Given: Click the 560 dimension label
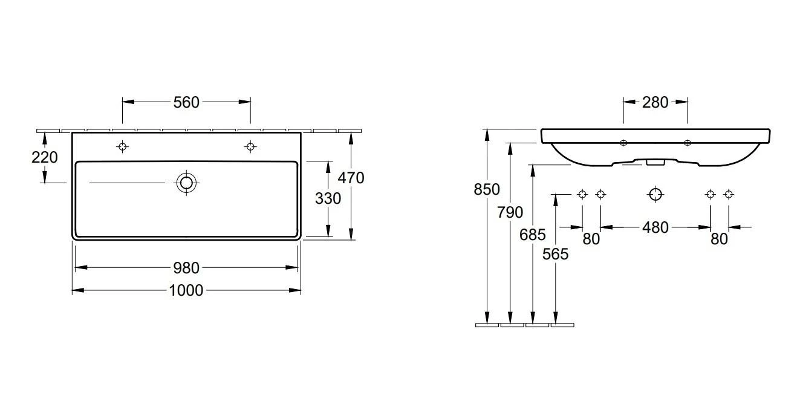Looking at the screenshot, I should [186, 102].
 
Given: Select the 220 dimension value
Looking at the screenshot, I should [45, 157].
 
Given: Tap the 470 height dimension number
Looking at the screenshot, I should [351, 178].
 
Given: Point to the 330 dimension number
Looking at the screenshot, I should [328, 198].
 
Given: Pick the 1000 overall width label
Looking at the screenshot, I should [186, 291].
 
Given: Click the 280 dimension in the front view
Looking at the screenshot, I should [655, 102].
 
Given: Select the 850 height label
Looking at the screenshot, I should [487, 189].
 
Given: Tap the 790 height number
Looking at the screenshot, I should [510, 212].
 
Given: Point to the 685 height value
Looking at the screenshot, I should [533, 235].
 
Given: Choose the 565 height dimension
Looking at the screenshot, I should [555, 254].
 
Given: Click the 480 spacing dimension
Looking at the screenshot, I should [655, 227].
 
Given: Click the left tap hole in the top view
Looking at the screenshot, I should [123, 146].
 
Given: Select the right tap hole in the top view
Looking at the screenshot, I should [250, 146].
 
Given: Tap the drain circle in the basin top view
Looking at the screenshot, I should [186, 182].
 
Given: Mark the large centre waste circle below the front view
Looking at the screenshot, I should [655, 194].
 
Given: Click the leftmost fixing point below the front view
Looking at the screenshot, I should [582, 194].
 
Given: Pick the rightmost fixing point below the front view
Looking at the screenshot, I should [728, 194].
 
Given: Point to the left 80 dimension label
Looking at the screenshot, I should [591, 239].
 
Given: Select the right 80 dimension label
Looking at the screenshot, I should [719, 239].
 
